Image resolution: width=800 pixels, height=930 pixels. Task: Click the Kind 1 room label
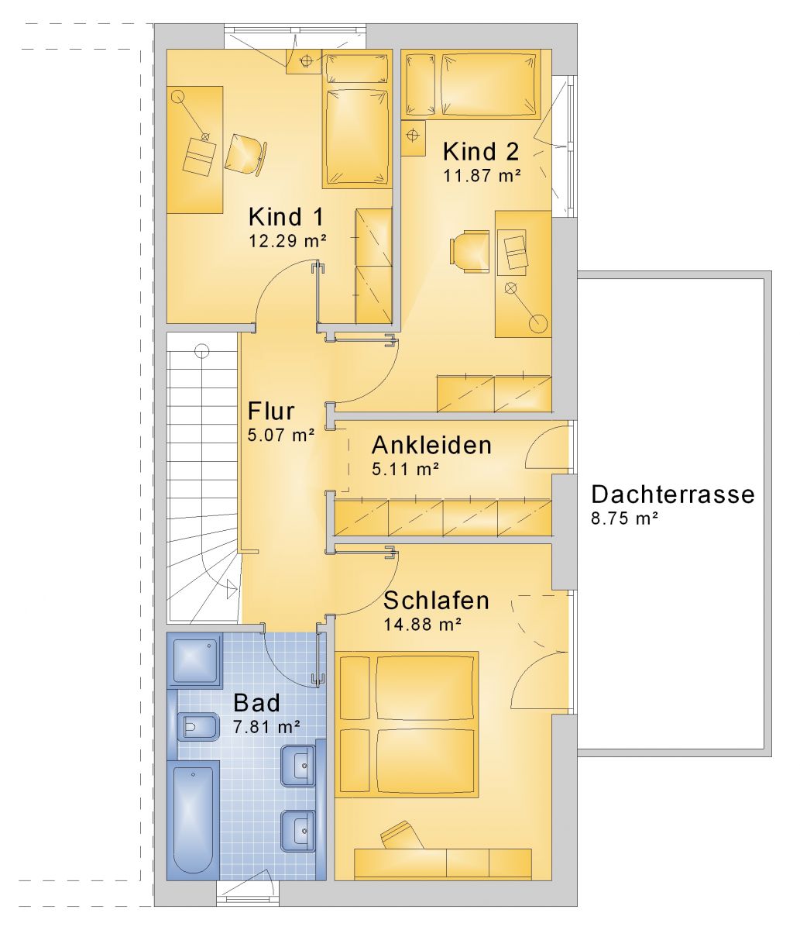pyautogui.click(x=286, y=217)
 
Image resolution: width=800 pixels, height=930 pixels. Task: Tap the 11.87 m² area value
pyautogui.click(x=482, y=176)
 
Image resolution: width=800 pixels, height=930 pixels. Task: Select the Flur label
pyautogui.click(x=271, y=411)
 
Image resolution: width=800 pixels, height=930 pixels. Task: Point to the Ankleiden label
pyautogui.click(x=431, y=446)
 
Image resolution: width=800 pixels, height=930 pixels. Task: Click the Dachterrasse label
pyautogui.click(x=673, y=494)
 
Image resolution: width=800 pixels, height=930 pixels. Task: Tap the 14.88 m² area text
pyautogui.click(x=422, y=625)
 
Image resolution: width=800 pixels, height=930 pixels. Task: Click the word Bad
pyautogui.click(x=257, y=703)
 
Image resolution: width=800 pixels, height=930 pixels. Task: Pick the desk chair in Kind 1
pyautogui.click(x=245, y=153)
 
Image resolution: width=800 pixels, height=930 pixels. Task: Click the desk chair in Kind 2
pyautogui.click(x=469, y=252)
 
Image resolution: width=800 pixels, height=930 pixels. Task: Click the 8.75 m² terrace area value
pyautogui.click(x=625, y=518)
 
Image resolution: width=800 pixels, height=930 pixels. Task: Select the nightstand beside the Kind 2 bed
pyautogui.click(x=414, y=138)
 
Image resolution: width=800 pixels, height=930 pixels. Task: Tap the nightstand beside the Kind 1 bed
pyautogui.click(x=305, y=61)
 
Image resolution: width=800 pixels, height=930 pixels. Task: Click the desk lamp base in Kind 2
pyautogui.click(x=537, y=323)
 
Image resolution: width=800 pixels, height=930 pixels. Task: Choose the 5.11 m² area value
pyautogui.click(x=405, y=470)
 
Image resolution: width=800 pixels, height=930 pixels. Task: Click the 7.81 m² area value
pyautogui.click(x=267, y=727)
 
